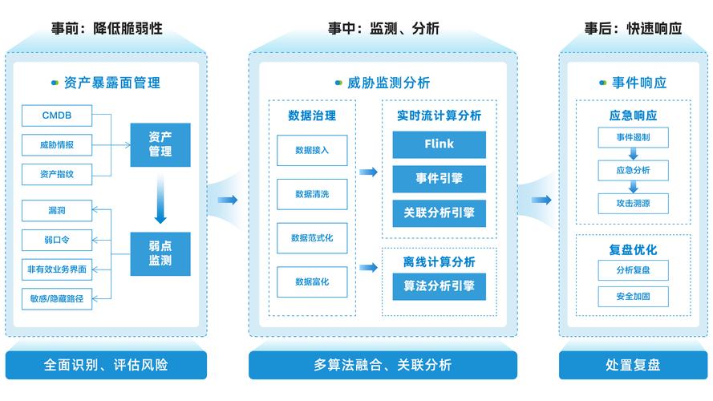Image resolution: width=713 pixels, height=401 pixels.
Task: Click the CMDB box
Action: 57,115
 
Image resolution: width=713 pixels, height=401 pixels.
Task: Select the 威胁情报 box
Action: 57,145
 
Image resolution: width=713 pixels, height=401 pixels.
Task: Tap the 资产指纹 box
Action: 57,174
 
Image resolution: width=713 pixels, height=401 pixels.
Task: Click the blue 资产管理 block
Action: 160,144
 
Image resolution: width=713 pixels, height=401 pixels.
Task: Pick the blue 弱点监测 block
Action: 160,253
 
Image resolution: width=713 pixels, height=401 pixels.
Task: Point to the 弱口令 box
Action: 57,239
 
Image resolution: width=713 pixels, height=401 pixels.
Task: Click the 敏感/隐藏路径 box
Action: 57,298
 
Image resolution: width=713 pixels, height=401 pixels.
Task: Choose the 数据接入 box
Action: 312,150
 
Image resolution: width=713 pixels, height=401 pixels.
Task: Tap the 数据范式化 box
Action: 312,238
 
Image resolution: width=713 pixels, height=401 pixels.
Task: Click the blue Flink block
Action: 439,144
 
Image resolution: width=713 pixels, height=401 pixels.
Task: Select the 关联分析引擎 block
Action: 439,213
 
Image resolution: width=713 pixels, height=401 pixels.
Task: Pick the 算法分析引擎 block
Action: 439,286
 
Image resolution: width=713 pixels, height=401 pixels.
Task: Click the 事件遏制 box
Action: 633,137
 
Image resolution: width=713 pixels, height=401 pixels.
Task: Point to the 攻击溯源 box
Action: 633,204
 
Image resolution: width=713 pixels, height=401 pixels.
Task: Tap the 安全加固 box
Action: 633,296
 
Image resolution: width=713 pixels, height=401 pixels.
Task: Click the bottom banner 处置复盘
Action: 633,365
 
